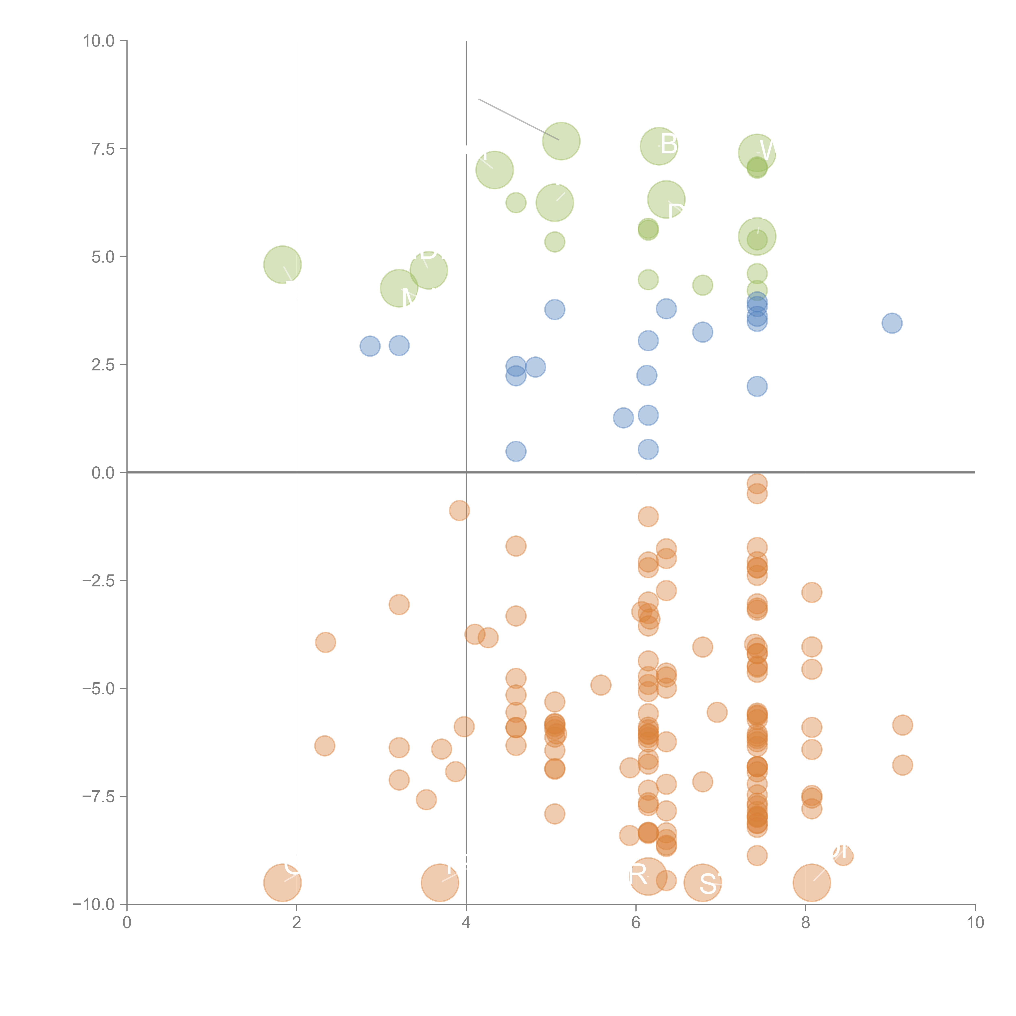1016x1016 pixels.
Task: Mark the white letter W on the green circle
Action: point(767,151)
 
